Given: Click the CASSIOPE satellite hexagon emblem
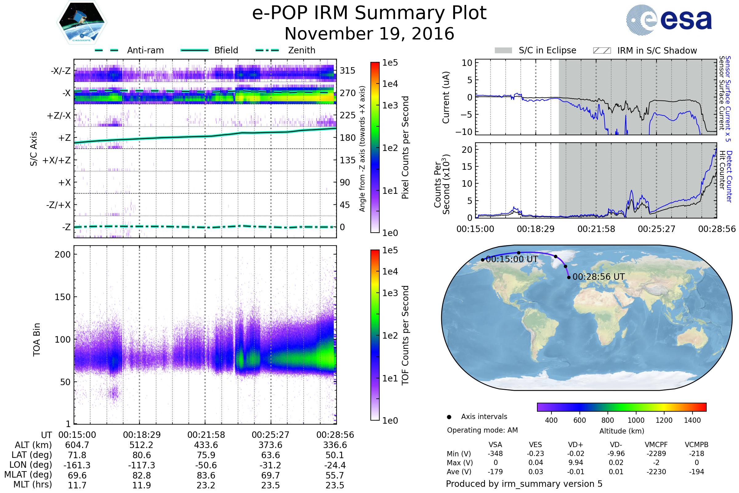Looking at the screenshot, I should [x=82, y=22].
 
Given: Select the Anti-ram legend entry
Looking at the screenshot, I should [x=145, y=50].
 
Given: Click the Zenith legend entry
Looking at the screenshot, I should [x=301, y=50].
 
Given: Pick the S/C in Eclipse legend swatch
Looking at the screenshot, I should [x=503, y=51].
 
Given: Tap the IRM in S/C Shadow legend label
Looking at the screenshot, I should [x=657, y=51].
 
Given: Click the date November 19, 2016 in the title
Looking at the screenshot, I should [x=369, y=34].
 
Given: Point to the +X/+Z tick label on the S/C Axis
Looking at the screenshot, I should [x=57, y=160].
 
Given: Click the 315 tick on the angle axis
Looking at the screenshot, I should [x=348, y=71].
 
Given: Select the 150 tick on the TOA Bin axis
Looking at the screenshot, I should [x=63, y=297].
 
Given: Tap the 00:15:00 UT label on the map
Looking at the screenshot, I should [x=512, y=259].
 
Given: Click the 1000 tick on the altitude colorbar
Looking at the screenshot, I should [x=636, y=420].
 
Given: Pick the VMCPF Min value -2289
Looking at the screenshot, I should [x=656, y=454].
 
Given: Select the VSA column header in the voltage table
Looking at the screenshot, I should [x=495, y=445].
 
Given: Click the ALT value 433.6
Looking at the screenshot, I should [x=206, y=445].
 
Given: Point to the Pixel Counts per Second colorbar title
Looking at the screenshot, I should [x=405, y=148].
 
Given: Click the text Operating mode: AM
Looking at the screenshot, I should [x=482, y=430].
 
